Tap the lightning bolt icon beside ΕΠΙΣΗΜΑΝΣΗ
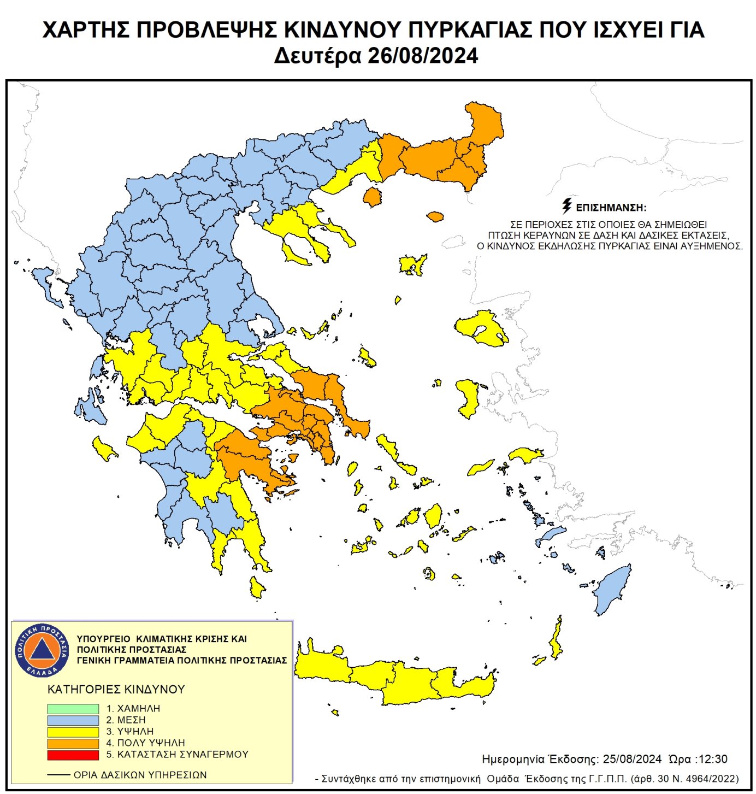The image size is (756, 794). click(567, 206)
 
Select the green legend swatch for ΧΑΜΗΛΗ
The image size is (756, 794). click(73, 709)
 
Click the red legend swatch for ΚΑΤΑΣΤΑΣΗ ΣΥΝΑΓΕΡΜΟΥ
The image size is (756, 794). click(73, 755)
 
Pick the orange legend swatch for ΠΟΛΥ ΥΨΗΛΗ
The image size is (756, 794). click(73, 744)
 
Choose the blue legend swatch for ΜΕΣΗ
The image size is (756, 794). click(73, 720)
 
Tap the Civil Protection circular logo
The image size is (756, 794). click(42, 650)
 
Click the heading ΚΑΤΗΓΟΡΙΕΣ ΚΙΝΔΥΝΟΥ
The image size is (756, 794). click(116, 690)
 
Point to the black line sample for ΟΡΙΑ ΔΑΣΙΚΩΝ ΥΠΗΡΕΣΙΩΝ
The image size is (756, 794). click(58, 775)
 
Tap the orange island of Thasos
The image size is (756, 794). click(373, 197)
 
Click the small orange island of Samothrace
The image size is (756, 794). click(435, 216)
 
